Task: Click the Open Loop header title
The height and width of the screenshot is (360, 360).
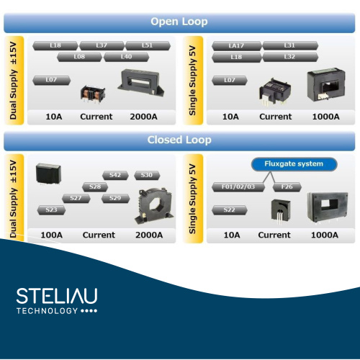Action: click(179, 22)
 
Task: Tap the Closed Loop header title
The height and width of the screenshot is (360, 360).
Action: click(179, 140)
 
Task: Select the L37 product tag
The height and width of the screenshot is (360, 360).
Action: click(102, 45)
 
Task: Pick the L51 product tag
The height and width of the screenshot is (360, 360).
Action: click(148, 45)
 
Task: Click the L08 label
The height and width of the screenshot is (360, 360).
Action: click(79, 57)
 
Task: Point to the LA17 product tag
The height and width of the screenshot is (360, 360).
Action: click(237, 45)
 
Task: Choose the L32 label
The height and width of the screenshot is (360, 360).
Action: click(290, 57)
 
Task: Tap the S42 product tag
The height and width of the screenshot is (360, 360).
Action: click(115, 175)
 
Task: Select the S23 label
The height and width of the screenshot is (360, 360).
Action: click(51, 210)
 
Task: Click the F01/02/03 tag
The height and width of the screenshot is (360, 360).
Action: click(238, 187)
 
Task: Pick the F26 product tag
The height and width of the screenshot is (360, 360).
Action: click(287, 187)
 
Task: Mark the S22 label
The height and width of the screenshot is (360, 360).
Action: click(230, 210)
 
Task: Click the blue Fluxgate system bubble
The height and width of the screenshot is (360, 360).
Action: click(294, 164)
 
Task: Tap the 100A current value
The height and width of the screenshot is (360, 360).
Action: click(52, 235)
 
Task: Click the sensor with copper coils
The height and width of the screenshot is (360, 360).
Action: click(93, 94)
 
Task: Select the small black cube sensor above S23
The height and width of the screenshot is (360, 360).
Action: click(48, 174)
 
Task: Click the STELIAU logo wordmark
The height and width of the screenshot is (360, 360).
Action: click(57, 296)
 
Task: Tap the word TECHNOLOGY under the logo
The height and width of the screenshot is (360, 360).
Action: click(47, 311)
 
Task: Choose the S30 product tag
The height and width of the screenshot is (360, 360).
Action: click(147, 175)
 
